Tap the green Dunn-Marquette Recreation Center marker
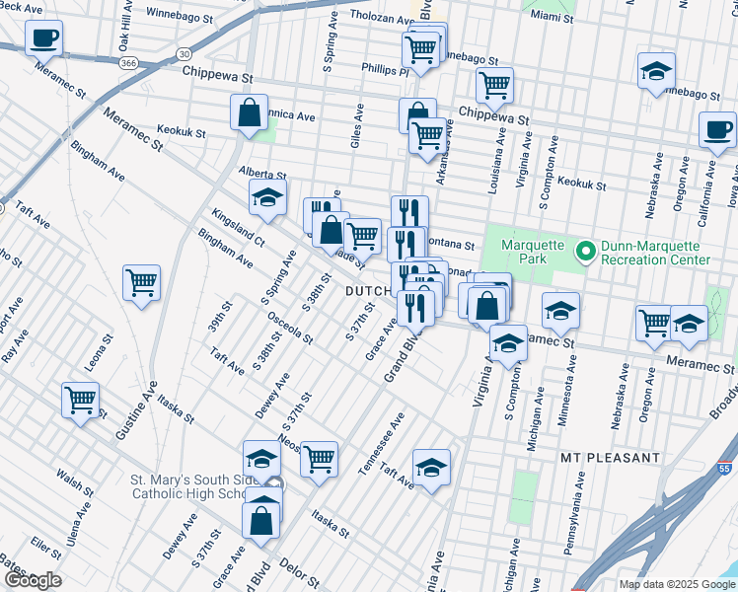[x=585, y=252]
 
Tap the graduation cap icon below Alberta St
[x=266, y=197]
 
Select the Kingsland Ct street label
[x=238, y=226]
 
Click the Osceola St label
[x=290, y=328]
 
